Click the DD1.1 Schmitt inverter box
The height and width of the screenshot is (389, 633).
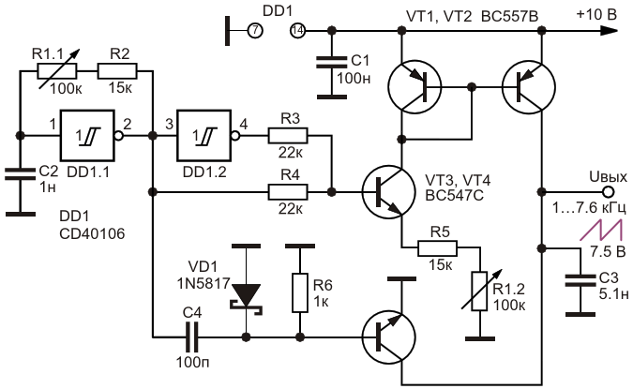tap(87, 135)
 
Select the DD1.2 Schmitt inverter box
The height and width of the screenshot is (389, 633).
tap(203, 135)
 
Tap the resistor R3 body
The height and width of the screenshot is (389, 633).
tap(288, 136)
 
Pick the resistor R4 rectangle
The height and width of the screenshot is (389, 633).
tap(288, 192)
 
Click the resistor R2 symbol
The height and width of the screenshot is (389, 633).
tap(117, 71)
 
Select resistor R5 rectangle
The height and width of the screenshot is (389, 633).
tap(438, 248)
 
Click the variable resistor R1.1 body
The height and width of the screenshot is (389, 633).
tap(57, 71)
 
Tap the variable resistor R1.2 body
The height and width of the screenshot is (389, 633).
tap(479, 292)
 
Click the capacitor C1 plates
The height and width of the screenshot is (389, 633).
tap(331, 62)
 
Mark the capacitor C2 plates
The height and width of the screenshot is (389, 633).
tap(21, 174)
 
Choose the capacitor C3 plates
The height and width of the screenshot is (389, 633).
tap(580, 281)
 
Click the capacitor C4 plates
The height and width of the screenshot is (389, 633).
tap(191, 337)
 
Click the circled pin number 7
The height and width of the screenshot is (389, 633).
tap(255, 31)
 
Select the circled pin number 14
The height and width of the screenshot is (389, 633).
tap(297, 31)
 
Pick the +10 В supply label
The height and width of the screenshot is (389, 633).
tap(596, 14)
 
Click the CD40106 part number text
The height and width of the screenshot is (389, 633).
tap(92, 233)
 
